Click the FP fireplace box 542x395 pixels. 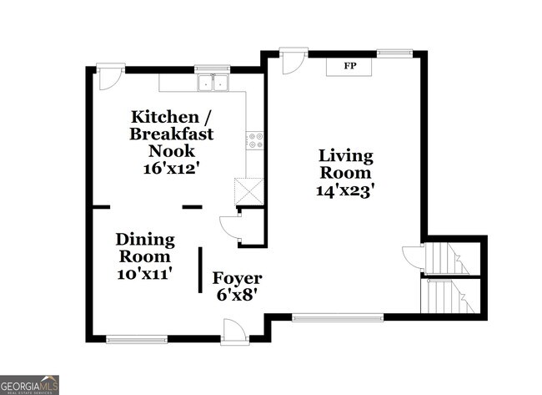(349, 66)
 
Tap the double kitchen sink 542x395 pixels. (213, 83)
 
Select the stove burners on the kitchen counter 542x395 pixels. (255, 140)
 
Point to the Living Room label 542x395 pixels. (345, 165)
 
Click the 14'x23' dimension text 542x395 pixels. (345, 190)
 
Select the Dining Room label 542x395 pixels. (145, 248)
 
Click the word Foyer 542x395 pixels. (237, 278)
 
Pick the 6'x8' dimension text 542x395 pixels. (237, 295)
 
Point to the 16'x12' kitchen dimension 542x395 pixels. (171, 167)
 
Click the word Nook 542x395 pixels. (172, 150)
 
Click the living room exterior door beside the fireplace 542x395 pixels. (292, 60)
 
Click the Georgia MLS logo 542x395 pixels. (30, 384)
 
